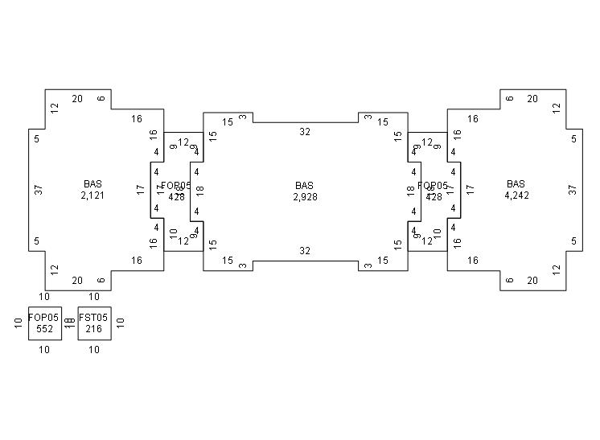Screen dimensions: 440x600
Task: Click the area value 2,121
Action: [x=93, y=195]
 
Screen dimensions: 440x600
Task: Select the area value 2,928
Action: [x=305, y=196]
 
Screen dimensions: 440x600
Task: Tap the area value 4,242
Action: [x=516, y=195]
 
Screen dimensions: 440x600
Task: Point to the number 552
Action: [x=43, y=329]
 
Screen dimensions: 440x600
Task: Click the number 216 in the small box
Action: [x=93, y=329]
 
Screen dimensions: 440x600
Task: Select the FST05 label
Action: [x=93, y=318]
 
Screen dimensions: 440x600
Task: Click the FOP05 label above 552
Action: [x=43, y=318]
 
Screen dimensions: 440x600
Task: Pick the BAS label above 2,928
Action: [x=305, y=186]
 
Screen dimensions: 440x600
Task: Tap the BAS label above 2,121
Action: [x=93, y=184]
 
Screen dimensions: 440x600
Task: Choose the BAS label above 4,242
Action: [x=516, y=184]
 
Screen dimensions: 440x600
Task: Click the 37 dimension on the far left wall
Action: [x=38, y=190]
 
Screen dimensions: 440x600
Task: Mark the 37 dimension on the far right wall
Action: [x=573, y=190]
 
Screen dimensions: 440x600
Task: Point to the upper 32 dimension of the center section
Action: [x=305, y=131]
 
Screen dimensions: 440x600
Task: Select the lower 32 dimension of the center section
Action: [x=305, y=251]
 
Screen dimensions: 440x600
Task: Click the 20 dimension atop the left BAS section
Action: [x=77, y=99]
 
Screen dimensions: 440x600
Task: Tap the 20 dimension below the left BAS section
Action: [x=77, y=281]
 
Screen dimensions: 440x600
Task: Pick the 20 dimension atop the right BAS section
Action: [x=532, y=99]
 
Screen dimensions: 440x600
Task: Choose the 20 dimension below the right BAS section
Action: [x=532, y=281]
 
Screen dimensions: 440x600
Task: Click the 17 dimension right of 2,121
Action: [x=141, y=190]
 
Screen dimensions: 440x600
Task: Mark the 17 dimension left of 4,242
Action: [x=471, y=190]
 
